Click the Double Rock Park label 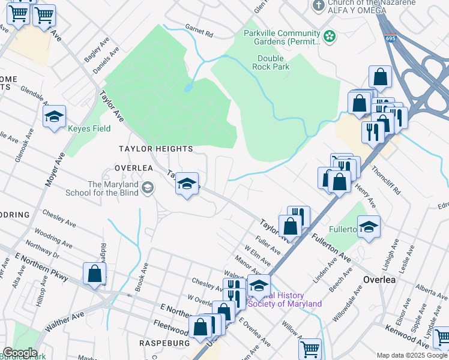[x=274, y=62]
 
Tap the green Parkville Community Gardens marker [x=329, y=37]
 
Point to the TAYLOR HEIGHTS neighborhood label [x=155, y=149]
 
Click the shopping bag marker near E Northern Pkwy [x=95, y=274]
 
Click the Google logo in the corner [x=19, y=353]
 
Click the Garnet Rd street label [x=199, y=31]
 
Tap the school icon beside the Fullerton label [x=369, y=227]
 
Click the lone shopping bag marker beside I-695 [x=380, y=77]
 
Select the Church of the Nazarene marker [x=319, y=5]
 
